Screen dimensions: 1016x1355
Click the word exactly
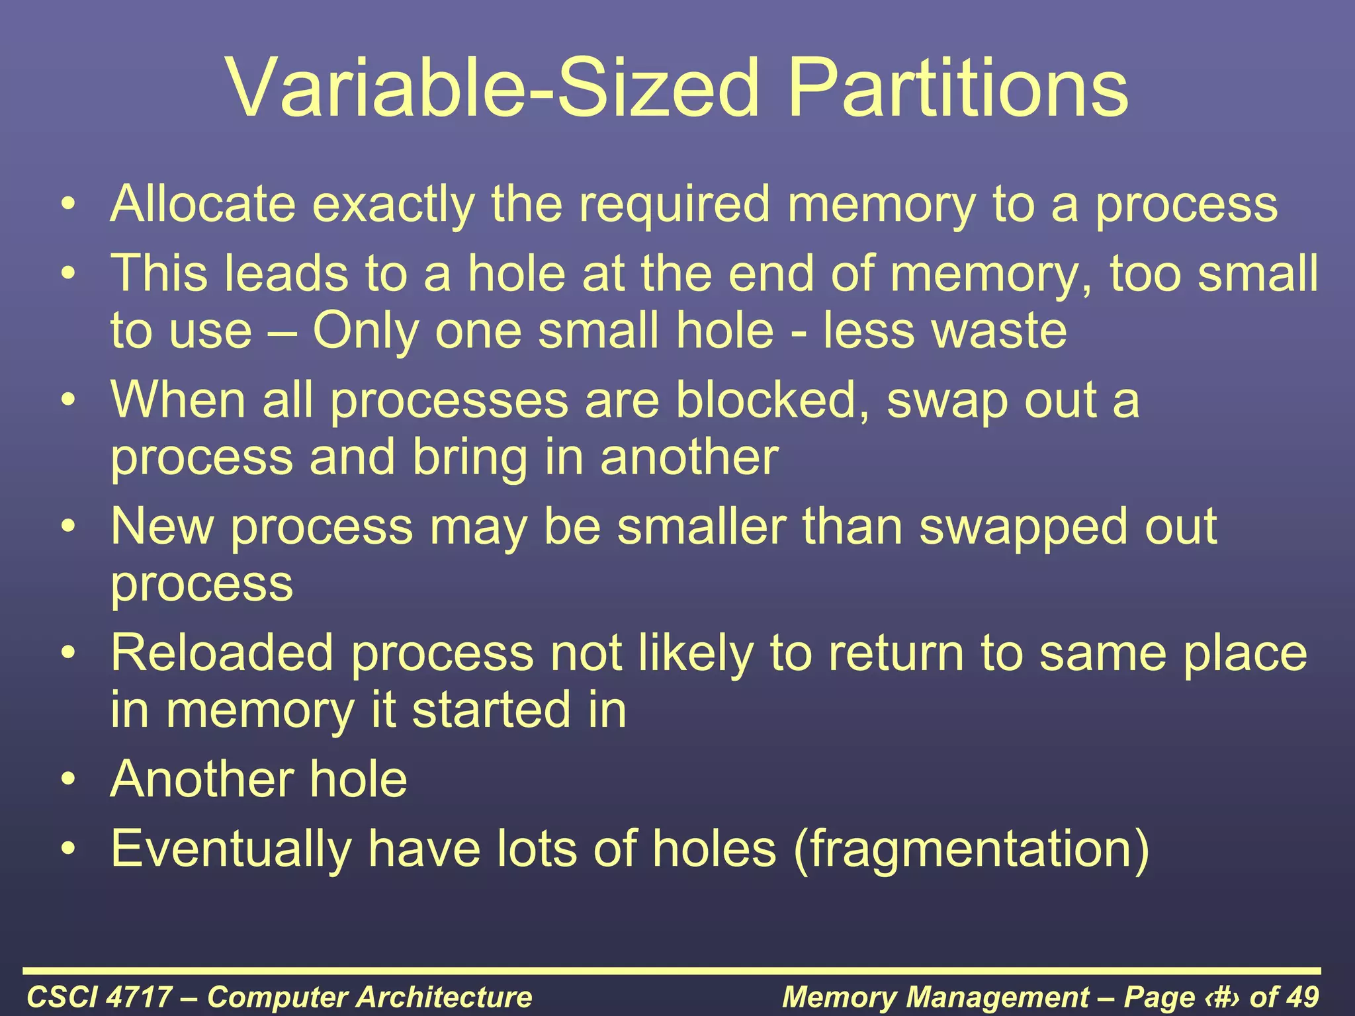(x=393, y=205)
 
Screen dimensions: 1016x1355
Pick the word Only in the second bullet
(x=365, y=331)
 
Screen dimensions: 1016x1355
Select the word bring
(x=469, y=458)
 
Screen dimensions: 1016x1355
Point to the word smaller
(x=701, y=527)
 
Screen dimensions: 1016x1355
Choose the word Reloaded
(x=222, y=653)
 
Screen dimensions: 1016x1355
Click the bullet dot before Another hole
(x=68, y=781)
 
